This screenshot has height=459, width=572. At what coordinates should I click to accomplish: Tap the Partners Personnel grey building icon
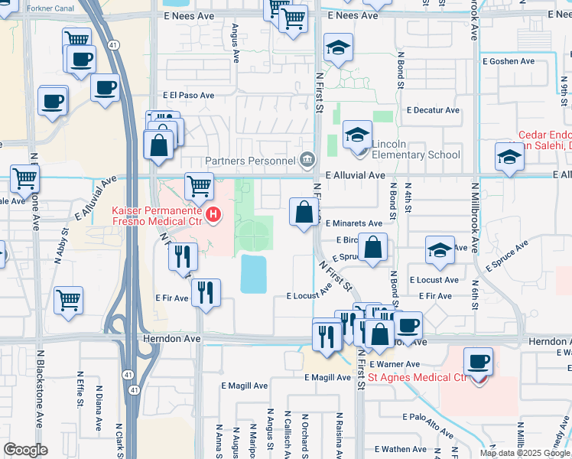[x=307, y=160]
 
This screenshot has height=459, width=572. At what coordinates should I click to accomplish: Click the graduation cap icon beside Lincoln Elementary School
[x=356, y=136]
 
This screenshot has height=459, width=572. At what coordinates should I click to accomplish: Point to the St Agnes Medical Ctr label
[x=418, y=377]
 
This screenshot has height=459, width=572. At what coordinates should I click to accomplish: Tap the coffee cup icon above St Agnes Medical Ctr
[x=478, y=361]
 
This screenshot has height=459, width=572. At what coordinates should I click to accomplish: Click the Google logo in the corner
[x=25, y=450]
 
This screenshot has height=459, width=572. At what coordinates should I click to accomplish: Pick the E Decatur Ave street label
[x=433, y=110]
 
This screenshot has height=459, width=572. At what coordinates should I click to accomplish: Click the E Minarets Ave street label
[x=353, y=223]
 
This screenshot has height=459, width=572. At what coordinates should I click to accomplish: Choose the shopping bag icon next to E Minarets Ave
[x=304, y=211]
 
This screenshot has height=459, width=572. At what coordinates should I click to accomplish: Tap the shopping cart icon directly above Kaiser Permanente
[x=199, y=186]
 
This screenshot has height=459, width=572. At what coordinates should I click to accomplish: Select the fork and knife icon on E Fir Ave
[x=206, y=292]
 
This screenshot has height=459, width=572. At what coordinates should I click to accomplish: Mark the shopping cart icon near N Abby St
[x=69, y=301]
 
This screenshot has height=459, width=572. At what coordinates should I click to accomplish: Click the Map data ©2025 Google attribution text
[x=525, y=453]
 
